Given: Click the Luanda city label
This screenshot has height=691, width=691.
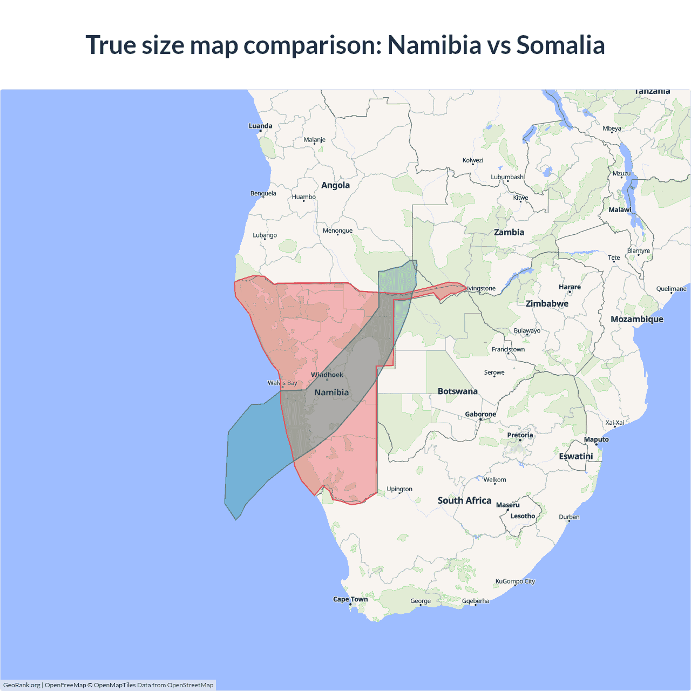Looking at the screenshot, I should (260, 126).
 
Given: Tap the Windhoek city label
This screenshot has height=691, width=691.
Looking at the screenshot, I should (327, 375).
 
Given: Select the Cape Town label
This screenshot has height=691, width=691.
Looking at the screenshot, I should (350, 599).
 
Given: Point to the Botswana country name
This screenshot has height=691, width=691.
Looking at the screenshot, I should (458, 391).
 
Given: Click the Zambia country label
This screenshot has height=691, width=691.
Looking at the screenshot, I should (509, 232).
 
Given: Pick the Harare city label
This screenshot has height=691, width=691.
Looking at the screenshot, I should (570, 287).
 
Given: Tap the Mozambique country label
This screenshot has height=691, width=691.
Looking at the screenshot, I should (637, 319).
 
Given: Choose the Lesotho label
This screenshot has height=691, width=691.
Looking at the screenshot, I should (523, 516).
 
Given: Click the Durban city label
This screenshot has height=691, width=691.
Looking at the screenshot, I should (569, 517).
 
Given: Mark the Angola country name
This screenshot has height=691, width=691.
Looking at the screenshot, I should (335, 185).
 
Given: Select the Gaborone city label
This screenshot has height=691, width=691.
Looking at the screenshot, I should (480, 414).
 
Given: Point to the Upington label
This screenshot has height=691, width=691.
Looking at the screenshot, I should (399, 489).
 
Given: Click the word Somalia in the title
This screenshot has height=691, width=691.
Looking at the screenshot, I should (560, 45).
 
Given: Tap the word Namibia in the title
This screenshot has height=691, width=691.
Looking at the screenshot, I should (434, 45).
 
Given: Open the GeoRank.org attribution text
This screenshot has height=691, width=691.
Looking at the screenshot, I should (22, 685).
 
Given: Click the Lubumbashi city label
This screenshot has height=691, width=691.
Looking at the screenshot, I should (507, 177).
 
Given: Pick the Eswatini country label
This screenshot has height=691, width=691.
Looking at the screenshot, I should (576, 456).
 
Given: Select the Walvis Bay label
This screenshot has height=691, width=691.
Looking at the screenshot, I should (282, 383).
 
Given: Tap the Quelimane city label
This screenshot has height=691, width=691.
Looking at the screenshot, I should (671, 289).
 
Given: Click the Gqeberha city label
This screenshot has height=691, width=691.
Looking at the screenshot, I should (476, 601).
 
